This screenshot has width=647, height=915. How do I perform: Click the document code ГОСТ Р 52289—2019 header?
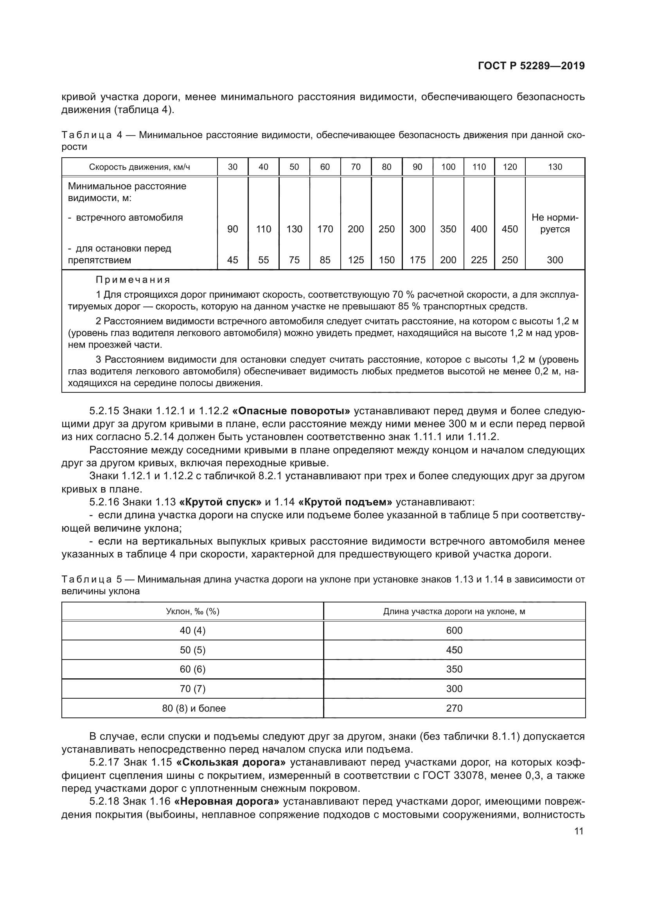point(531,66)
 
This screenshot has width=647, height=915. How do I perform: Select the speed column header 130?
point(555,167)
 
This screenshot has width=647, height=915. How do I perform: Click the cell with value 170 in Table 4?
point(325,229)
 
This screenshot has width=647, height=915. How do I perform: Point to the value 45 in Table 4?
point(232,260)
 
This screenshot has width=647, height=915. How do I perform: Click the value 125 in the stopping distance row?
point(356,260)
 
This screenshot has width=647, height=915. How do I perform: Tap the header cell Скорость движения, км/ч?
point(139,167)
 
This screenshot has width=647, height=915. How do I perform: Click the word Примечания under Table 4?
point(133,280)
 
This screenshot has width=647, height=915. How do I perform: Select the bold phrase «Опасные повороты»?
point(291,411)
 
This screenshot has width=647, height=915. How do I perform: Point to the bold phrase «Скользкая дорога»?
point(231,762)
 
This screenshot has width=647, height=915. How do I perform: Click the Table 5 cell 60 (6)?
point(192,669)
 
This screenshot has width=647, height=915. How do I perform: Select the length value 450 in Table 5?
point(454,650)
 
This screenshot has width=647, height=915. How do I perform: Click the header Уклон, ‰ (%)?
point(192,611)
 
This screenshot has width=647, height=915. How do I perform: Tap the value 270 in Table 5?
point(454,708)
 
